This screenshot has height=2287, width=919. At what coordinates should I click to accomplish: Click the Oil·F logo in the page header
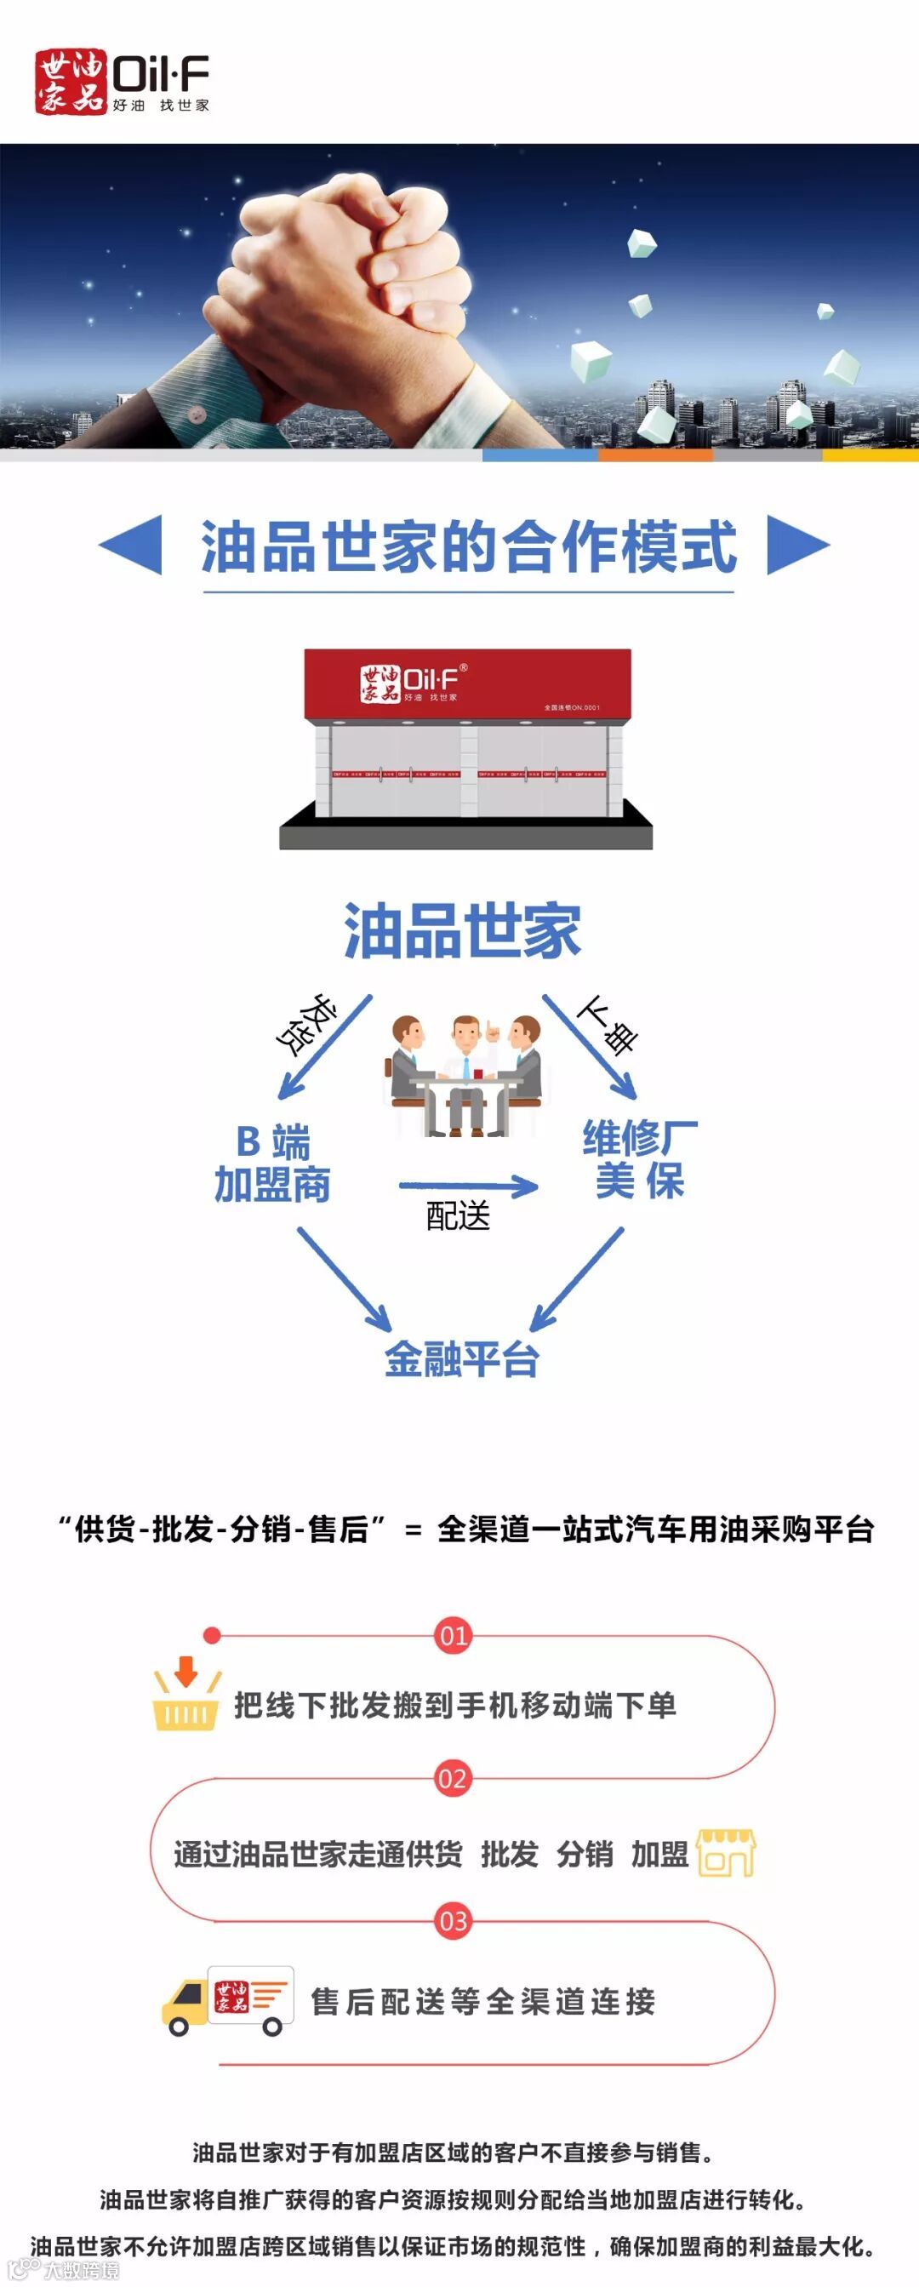122,82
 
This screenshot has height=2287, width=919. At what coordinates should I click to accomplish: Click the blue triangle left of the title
132,544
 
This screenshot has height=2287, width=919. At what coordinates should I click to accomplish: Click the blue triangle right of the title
796,544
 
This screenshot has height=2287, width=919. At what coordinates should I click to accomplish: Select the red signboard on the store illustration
467,683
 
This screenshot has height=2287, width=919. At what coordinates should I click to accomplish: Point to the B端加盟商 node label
272,1163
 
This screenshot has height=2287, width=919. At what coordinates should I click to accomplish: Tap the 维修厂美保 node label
639,1159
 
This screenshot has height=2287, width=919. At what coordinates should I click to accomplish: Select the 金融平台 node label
462,1359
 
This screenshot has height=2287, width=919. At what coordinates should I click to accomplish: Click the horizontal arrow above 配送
468,1186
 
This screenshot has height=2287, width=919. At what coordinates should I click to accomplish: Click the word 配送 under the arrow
458,1216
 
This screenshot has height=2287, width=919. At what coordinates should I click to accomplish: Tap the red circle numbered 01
453,1635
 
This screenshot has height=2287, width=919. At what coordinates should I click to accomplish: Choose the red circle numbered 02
453,1778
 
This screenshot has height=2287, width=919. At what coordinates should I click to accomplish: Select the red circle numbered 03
453,1921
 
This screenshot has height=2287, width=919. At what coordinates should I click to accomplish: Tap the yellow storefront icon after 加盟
726,1854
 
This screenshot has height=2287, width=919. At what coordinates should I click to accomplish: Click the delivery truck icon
226,2000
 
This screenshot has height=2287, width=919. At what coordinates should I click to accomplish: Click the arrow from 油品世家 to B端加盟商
324,1048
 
